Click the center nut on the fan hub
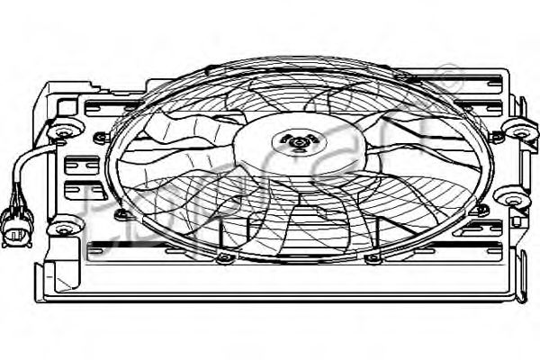[296, 140]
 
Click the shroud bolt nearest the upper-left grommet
[99, 138]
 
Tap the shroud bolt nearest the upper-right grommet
[494, 137]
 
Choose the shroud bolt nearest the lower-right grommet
[481, 210]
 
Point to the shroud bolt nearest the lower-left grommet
[122, 214]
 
